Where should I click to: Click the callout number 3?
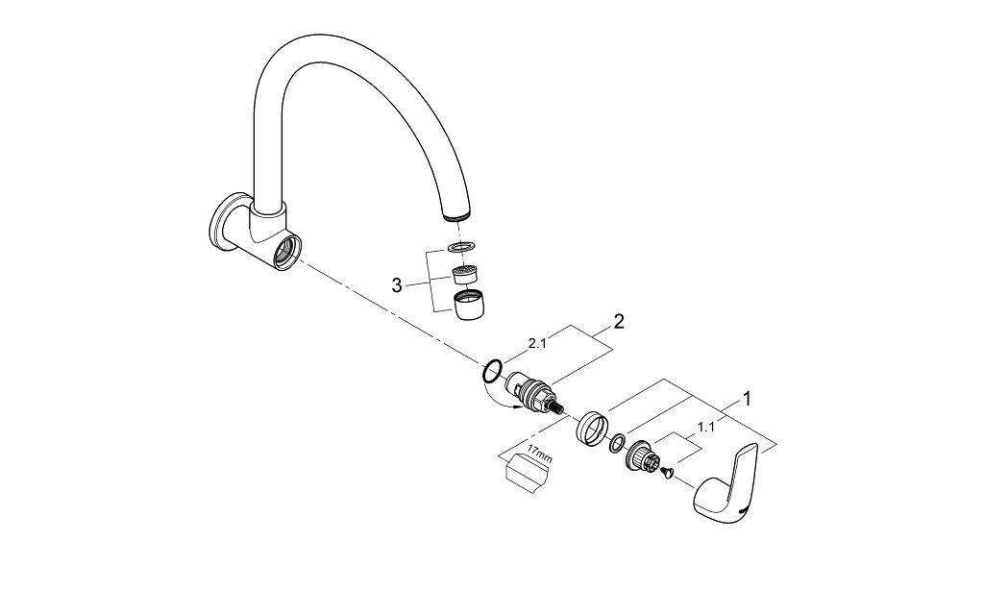click(397, 284)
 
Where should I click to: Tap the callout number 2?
click(618, 322)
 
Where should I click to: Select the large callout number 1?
click(747, 398)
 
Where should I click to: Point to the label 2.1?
click(539, 342)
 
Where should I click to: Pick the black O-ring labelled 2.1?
click(492, 370)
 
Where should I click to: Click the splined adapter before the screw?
click(641, 456)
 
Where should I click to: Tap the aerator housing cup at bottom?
click(467, 306)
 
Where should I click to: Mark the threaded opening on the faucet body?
click(284, 255)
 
